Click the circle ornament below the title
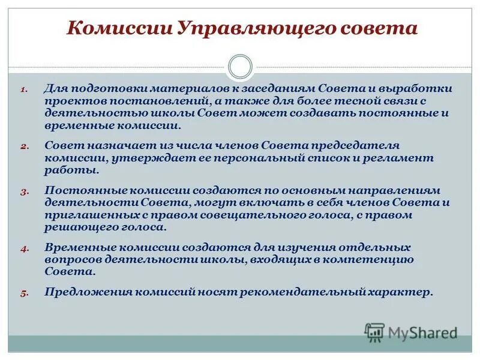(241, 67)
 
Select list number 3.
(24, 191)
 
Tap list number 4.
(24, 248)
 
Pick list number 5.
(24, 293)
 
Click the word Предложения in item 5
(87, 292)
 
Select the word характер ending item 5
(401, 292)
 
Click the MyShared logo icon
(374, 332)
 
